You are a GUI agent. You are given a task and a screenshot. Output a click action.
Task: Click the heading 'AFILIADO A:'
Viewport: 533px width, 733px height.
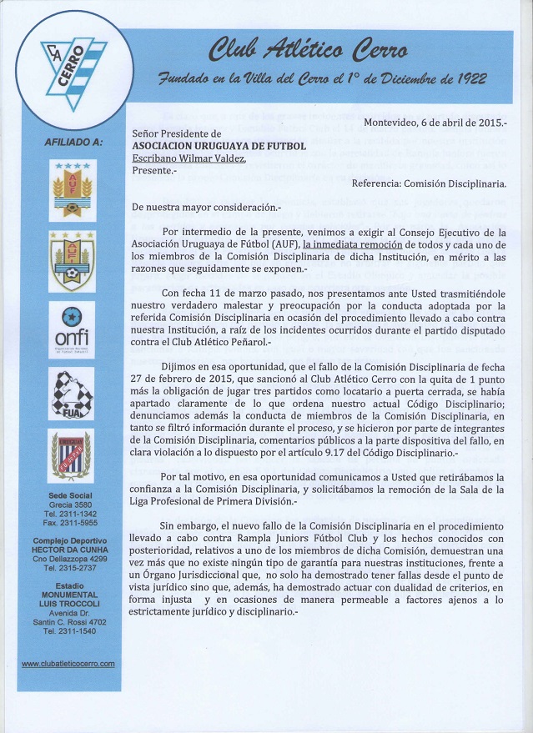73,143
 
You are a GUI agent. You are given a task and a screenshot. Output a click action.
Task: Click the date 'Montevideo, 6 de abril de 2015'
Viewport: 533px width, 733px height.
434,123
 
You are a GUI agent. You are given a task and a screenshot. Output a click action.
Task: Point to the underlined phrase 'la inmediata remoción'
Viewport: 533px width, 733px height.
353,244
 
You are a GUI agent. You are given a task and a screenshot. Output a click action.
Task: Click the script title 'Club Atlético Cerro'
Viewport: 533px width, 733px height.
308,51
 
